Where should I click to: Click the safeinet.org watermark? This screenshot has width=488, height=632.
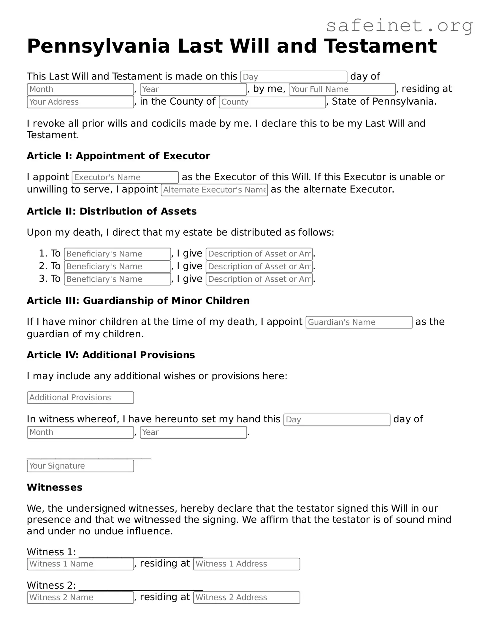[399, 26]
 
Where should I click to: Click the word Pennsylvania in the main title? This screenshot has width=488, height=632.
[98, 46]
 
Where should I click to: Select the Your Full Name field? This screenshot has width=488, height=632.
[342, 89]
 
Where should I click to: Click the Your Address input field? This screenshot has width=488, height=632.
[80, 102]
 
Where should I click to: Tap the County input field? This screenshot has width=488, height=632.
[272, 102]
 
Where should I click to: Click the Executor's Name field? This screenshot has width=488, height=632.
[125, 177]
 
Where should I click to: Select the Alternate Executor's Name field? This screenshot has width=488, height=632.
[214, 190]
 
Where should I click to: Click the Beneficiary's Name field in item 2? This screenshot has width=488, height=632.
[117, 267]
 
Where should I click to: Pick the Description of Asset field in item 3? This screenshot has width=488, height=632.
[259, 279]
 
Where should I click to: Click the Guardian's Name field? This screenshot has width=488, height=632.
[359, 322]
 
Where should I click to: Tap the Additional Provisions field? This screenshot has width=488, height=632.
[80, 398]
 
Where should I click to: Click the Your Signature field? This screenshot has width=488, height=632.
[80, 466]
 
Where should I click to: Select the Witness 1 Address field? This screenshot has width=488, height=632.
[246, 564]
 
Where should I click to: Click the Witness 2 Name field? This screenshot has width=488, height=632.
[80, 598]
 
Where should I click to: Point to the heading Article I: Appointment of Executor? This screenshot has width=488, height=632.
[118, 156]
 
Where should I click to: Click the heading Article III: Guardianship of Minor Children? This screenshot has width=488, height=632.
[138, 301]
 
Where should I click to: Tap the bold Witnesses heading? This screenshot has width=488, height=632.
[55, 487]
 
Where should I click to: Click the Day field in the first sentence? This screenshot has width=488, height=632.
[294, 77]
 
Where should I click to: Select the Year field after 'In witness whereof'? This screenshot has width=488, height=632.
[193, 432]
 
